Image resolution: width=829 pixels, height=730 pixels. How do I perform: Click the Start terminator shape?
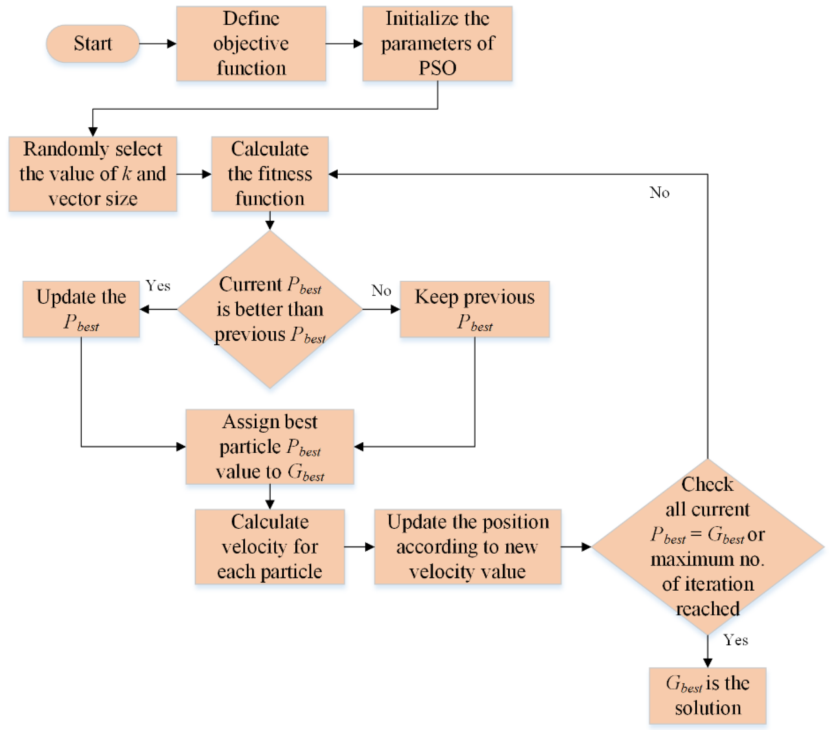93,43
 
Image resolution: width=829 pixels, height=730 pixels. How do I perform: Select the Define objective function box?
251,43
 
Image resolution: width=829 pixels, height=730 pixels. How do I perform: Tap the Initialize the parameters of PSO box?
437,43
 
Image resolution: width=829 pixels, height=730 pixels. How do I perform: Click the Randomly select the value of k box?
93,174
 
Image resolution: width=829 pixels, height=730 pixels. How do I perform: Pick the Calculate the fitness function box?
270,174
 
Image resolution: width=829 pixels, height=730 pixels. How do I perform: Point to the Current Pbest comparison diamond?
270,309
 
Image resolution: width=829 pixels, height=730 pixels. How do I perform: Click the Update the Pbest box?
81,309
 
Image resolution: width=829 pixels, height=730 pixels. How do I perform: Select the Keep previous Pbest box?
475,309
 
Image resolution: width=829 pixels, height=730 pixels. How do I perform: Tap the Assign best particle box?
270,446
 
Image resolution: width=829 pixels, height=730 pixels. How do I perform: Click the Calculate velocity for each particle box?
270,547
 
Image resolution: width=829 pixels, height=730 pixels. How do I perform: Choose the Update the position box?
468,547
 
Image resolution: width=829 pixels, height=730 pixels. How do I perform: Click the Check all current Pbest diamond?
708,547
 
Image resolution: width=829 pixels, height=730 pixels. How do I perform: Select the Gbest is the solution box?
708,696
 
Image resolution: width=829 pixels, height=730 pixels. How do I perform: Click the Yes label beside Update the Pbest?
158,286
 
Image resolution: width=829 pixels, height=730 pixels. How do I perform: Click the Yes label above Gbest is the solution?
736,640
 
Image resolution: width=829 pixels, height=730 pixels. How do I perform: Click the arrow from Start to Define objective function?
157,43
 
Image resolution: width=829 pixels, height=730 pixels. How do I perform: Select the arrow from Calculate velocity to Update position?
359,547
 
